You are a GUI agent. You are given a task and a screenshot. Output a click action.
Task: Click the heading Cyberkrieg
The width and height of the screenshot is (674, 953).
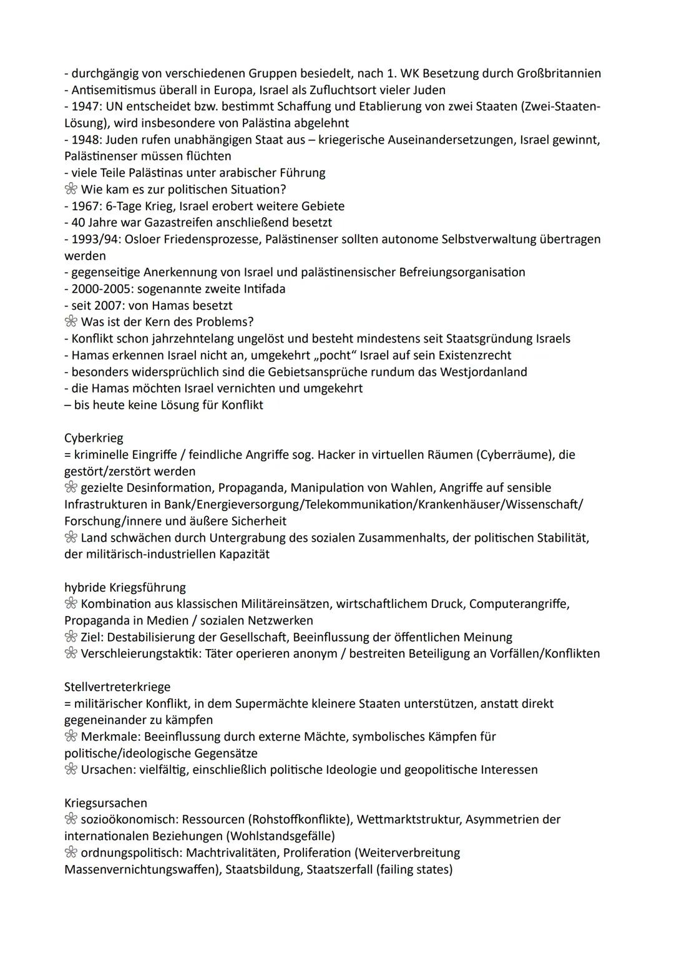click(94, 438)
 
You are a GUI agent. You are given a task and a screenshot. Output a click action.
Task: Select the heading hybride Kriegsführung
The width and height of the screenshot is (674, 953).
click(125, 587)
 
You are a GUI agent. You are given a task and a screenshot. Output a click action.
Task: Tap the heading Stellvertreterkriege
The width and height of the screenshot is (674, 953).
click(117, 687)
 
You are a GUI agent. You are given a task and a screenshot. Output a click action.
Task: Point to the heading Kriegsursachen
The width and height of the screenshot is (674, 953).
click(105, 803)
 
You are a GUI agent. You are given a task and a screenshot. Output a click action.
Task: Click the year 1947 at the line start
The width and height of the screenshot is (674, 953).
click(87, 107)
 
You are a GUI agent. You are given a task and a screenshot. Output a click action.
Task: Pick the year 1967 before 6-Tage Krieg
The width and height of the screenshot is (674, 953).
click(87, 206)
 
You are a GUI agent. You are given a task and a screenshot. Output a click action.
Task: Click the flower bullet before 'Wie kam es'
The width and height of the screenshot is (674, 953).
click(71, 190)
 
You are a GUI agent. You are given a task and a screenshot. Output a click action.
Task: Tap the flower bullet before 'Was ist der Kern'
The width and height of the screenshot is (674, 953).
click(71, 322)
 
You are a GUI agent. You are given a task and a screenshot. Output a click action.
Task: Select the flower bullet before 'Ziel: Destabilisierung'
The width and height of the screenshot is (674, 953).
click(71, 637)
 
